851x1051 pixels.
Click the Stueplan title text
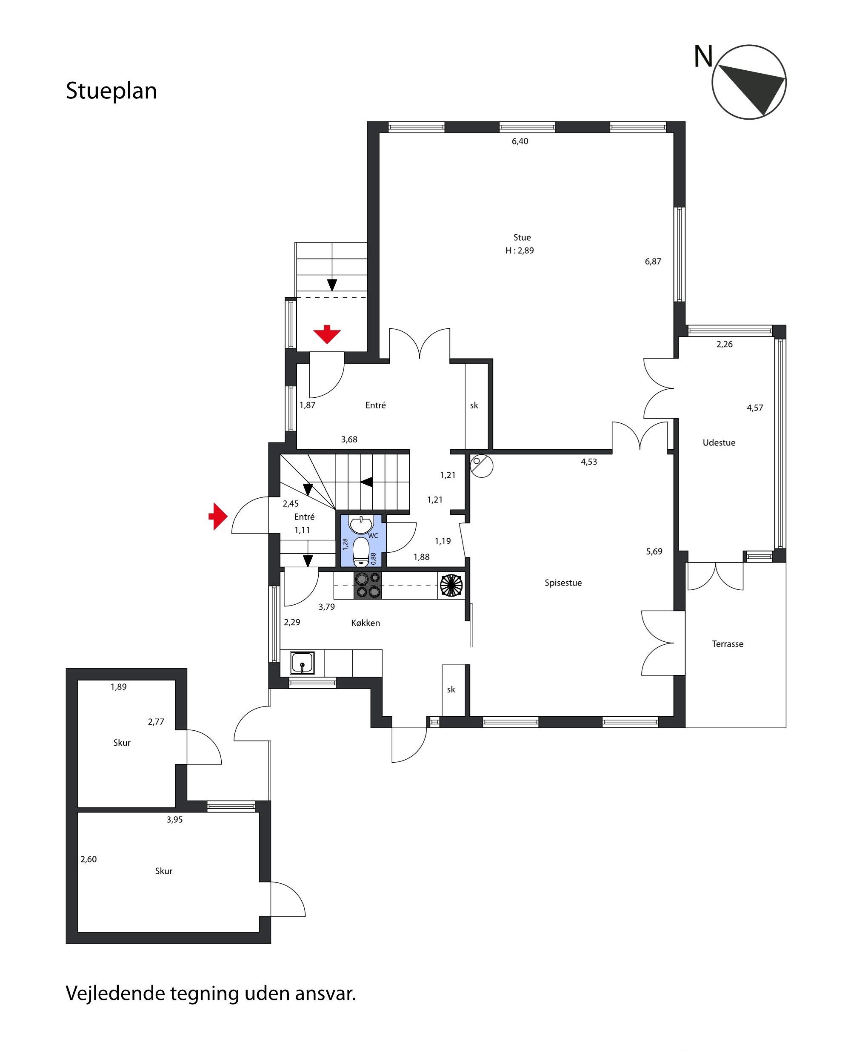[x=111, y=91]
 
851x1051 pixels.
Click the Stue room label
[x=522, y=238]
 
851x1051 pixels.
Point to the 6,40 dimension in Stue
[x=520, y=141]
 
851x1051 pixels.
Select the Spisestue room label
[x=563, y=583]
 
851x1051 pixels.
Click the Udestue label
[x=719, y=442]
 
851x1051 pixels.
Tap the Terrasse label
[x=728, y=644]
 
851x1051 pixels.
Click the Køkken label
[x=366, y=623]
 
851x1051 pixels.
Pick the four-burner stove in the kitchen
[x=368, y=586]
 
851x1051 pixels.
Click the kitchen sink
[x=303, y=663]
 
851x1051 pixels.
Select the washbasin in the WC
[x=361, y=524]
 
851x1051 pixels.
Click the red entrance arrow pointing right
[x=218, y=516]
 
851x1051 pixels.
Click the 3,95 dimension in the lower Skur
[x=174, y=819]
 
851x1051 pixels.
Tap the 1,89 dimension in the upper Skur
[x=119, y=687]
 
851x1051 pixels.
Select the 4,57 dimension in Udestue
[x=755, y=408]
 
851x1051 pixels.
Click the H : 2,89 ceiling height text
[x=520, y=251]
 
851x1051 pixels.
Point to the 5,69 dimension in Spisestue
[x=654, y=551]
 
